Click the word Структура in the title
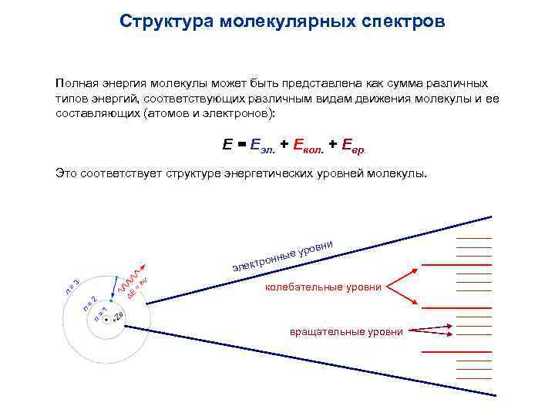pyautogui.click(x=158, y=21)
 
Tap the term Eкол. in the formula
pyautogui.click(x=305, y=145)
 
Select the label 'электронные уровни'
pyautogui.click(x=282, y=257)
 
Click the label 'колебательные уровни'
pyautogui.click(x=323, y=287)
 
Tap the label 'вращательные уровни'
pyautogui.click(x=346, y=331)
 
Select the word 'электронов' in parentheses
pyautogui.click(x=238, y=113)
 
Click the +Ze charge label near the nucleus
pyautogui.click(x=118, y=317)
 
